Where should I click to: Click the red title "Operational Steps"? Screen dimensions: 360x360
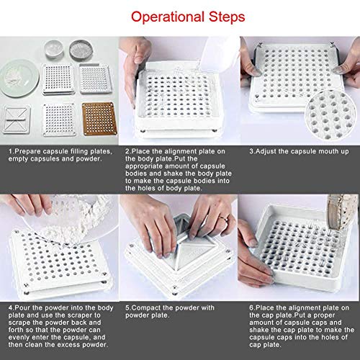point(188,17)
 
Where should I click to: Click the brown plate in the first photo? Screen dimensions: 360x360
point(99,119)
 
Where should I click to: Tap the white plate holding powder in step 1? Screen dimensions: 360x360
point(19,78)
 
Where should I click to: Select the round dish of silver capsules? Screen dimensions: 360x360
point(81,50)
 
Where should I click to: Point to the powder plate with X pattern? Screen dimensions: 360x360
point(16,120)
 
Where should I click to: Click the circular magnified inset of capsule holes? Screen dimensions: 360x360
point(330,114)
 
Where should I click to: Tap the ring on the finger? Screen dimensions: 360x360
point(223,219)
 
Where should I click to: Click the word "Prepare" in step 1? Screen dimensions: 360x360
point(28,152)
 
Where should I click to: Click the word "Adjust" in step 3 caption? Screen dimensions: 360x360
point(266,152)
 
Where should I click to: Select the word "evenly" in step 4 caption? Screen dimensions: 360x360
point(19,338)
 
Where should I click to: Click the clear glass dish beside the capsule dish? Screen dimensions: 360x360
point(54,48)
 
